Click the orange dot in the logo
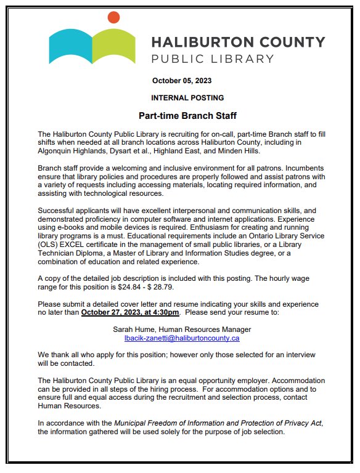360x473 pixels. (113, 17)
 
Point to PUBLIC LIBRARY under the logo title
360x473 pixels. (213, 59)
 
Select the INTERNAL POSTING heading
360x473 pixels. (187, 98)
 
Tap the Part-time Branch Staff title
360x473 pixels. (187, 116)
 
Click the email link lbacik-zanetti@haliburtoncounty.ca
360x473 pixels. (182, 338)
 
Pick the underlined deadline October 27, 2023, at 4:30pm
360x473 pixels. (130, 313)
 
